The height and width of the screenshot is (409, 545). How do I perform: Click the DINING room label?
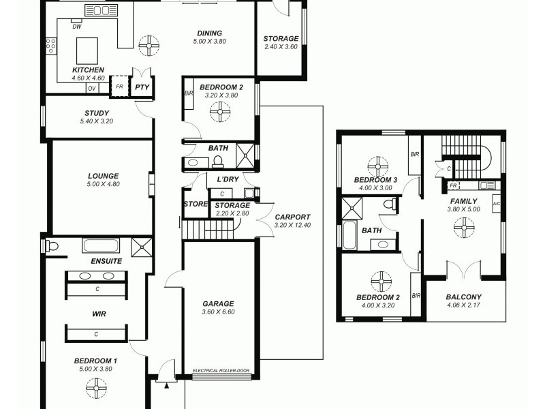coord(209,33)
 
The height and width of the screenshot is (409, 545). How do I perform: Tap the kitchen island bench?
coord(88,50)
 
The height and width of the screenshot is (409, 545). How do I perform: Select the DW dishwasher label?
coord(76,27)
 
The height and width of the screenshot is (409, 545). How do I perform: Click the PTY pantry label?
coord(141,87)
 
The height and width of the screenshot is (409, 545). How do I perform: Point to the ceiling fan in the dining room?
coord(148,46)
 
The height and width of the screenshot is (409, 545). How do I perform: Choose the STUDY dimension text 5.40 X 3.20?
coord(97,122)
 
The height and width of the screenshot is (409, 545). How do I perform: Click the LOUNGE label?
coord(102,175)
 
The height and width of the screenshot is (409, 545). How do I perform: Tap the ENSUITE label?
coord(106,261)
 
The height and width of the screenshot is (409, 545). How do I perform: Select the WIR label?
coord(99,314)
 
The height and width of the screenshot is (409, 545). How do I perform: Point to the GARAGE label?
coord(218,304)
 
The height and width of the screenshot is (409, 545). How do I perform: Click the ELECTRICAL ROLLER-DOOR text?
coord(221,371)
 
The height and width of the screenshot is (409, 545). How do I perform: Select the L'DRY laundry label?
coord(226,179)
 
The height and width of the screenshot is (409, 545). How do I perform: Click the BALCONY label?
coord(463,297)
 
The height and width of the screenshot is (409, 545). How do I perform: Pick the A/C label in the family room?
coord(496,203)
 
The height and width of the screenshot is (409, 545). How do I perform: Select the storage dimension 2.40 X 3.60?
coord(281,47)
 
